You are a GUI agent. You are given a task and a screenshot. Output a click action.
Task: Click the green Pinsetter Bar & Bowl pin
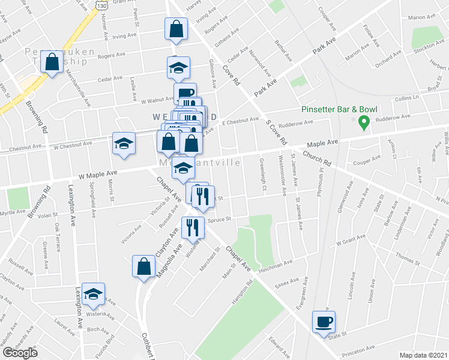tap(363, 123)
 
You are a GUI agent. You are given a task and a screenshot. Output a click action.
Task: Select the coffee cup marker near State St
tap(325, 322)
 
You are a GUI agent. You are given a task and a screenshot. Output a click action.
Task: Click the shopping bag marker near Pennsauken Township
tap(52, 61)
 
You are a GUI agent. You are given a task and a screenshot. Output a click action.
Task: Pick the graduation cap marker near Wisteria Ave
tap(93, 293)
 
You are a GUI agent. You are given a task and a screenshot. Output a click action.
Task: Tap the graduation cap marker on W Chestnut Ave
tap(124, 143)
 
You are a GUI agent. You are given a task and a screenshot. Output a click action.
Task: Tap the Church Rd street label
tap(317, 158)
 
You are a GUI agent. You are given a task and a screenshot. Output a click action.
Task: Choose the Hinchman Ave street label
tap(274, 262)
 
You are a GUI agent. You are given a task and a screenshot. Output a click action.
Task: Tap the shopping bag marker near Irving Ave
tap(176, 28)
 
